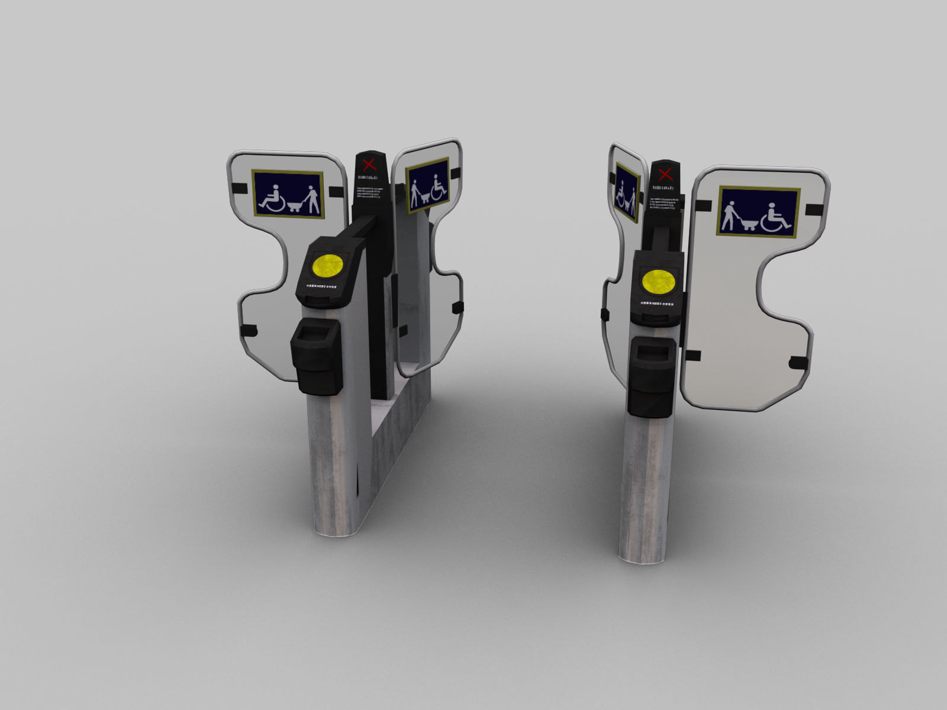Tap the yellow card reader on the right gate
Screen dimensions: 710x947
[x=658, y=282]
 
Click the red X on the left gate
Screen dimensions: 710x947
[x=369, y=164]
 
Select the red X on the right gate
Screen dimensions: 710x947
[x=665, y=174]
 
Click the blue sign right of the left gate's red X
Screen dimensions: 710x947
[x=427, y=185]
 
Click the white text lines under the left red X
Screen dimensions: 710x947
[x=371, y=192]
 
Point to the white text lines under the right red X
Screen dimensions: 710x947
[x=666, y=202]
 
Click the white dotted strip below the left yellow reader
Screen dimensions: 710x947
[x=321, y=286]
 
